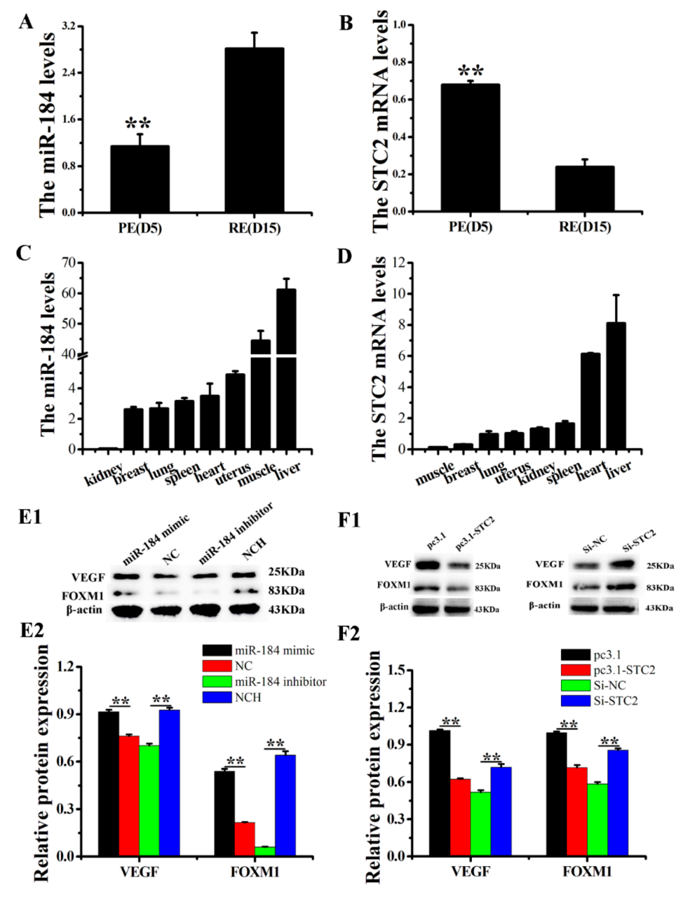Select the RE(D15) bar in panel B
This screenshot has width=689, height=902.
585,189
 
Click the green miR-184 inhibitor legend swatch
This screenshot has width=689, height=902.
217,682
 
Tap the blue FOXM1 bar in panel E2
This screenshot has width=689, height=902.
285,805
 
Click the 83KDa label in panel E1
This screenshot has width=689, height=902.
286,591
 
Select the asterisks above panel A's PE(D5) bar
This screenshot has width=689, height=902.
138,123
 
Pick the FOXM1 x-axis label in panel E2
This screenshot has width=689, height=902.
255,871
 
